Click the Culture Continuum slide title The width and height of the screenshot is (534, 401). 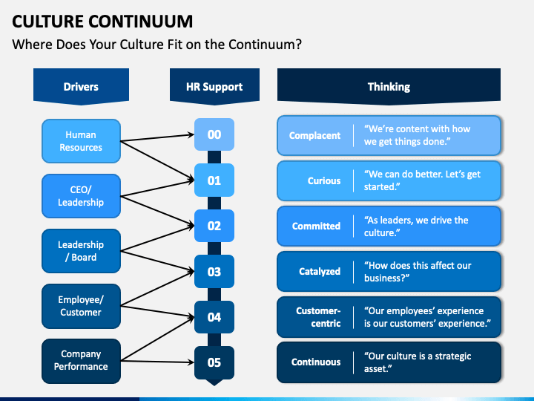pos(103,20)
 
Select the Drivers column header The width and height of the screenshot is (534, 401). pos(81,87)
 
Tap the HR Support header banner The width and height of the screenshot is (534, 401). pos(214,87)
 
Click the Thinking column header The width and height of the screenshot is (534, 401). pos(389,87)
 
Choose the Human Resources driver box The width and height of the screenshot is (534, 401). pos(81,141)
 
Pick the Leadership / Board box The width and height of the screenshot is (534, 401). pos(81,251)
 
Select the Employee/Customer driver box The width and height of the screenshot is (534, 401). pos(81,306)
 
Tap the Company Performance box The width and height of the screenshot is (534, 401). pos(81,360)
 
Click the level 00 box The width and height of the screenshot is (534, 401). pos(214,135)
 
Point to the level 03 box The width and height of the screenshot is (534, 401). pos(214,272)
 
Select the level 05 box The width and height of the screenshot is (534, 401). pos(214,362)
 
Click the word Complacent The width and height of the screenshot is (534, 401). pos(314,136)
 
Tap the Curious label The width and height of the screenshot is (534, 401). pos(324,181)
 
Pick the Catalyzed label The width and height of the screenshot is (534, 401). pos(320,272)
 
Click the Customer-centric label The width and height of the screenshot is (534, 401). pos(318,317)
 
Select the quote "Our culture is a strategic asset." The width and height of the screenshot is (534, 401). pos(418,362)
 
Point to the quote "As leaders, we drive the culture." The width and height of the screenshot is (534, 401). pos(416,226)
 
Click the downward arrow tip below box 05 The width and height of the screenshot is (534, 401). pos(214,382)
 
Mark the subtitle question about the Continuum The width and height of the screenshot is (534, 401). pos(157,45)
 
